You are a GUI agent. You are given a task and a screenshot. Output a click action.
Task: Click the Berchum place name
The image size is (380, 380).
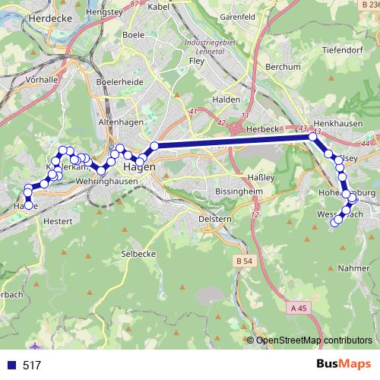(x=283, y=68)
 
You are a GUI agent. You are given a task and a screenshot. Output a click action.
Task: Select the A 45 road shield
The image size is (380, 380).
(x=300, y=308)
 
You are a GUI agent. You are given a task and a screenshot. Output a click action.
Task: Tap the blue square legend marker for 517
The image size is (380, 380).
(x=11, y=365)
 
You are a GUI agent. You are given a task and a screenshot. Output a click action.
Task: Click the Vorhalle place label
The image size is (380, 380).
(x=42, y=78)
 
